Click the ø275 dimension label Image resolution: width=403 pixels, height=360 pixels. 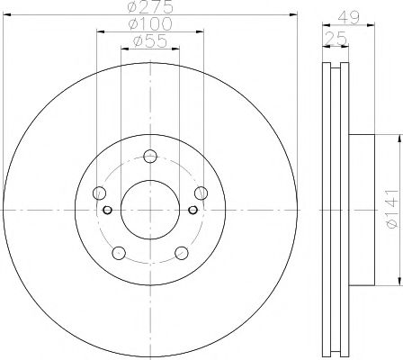click(149, 8)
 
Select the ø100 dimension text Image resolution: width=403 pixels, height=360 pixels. click(149, 25)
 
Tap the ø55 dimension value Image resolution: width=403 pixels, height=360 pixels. click(149, 41)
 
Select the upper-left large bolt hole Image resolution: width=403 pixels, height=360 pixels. click(100, 193)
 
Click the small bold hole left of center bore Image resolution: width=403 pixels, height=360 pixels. click(107, 211)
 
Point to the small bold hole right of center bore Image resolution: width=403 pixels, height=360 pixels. click(193, 211)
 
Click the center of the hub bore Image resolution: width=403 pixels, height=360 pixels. click(149, 211)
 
